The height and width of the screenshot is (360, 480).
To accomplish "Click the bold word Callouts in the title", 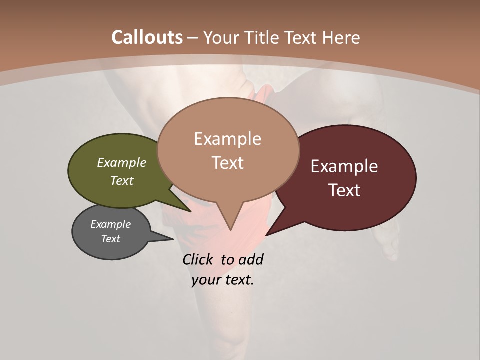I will point(147,37).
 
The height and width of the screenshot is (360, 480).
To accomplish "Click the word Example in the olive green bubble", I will point(121,162).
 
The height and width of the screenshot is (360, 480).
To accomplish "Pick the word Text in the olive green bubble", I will point(121,180).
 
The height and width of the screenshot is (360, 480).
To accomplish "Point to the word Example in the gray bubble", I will point(110,224).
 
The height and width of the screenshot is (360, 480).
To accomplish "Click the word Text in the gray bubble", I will point(110,239).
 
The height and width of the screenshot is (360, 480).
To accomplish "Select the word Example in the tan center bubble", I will point(227,139).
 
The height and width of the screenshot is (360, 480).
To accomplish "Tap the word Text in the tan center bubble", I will point(227,163).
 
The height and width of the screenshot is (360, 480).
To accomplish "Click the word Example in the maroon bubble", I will point(344,166).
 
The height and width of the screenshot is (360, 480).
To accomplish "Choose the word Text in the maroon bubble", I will point(344,190).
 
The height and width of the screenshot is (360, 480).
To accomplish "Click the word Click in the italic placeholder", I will point(198,259).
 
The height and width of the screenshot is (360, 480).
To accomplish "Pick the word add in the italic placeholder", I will point(251,259).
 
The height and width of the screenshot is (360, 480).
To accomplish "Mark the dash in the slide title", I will point(193,38).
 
